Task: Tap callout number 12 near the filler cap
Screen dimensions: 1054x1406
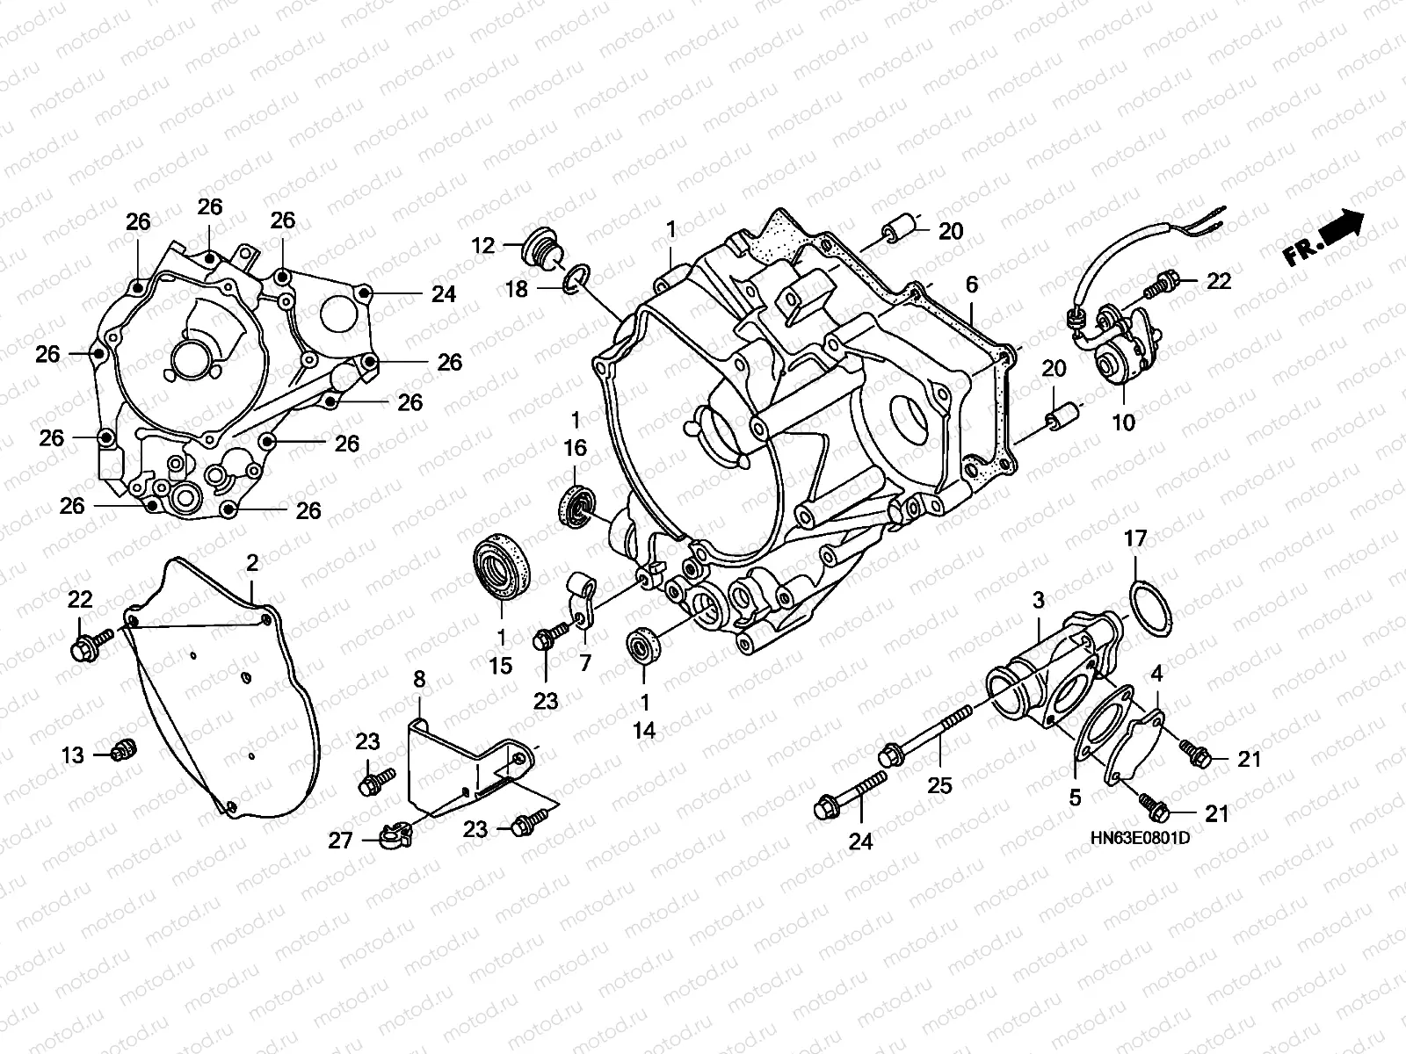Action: coord(483,245)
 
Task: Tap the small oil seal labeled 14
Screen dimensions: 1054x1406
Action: coord(643,646)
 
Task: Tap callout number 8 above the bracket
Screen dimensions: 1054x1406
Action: coord(419,679)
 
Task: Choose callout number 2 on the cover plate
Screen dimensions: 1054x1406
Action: coord(252,563)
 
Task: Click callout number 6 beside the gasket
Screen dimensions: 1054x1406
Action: coord(971,285)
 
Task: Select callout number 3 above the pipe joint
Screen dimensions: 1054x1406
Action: coord(1039,601)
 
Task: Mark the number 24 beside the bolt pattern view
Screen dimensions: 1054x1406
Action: coord(443,294)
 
